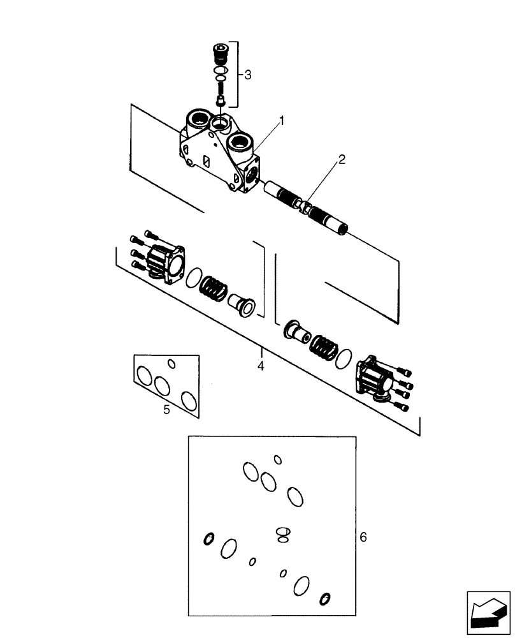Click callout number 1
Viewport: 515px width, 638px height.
(281, 120)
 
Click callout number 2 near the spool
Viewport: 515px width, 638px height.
(342, 160)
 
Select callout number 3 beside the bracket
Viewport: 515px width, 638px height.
(247, 75)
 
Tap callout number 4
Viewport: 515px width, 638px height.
(261, 366)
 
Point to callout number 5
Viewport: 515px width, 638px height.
(166, 410)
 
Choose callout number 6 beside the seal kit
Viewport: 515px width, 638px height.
(363, 537)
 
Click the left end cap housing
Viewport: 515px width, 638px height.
(163, 263)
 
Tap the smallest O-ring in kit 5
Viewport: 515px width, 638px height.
(171, 364)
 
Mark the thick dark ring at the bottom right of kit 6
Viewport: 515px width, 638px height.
(326, 598)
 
